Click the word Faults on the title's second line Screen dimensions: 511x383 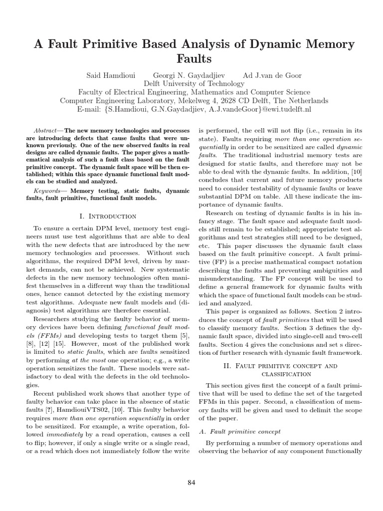coord(191,59)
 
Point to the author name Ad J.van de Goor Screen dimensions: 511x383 coord(272,75)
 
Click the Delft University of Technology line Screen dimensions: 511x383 coord(191,84)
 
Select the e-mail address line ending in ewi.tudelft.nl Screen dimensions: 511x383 coord(191,109)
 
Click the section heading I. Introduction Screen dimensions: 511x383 coord(108,216)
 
